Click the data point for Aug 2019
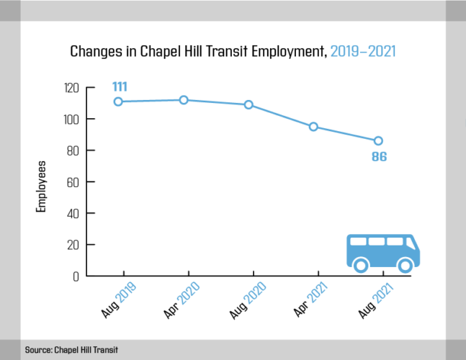(118, 102)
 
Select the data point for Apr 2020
(184, 100)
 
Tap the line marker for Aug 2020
(248, 104)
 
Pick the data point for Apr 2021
(313, 127)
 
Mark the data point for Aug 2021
(378, 140)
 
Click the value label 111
(120, 87)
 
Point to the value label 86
(379, 156)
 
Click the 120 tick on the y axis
(71, 88)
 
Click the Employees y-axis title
(42, 186)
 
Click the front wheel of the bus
(405, 266)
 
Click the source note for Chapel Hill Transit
(71, 349)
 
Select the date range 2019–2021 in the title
(363, 52)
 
